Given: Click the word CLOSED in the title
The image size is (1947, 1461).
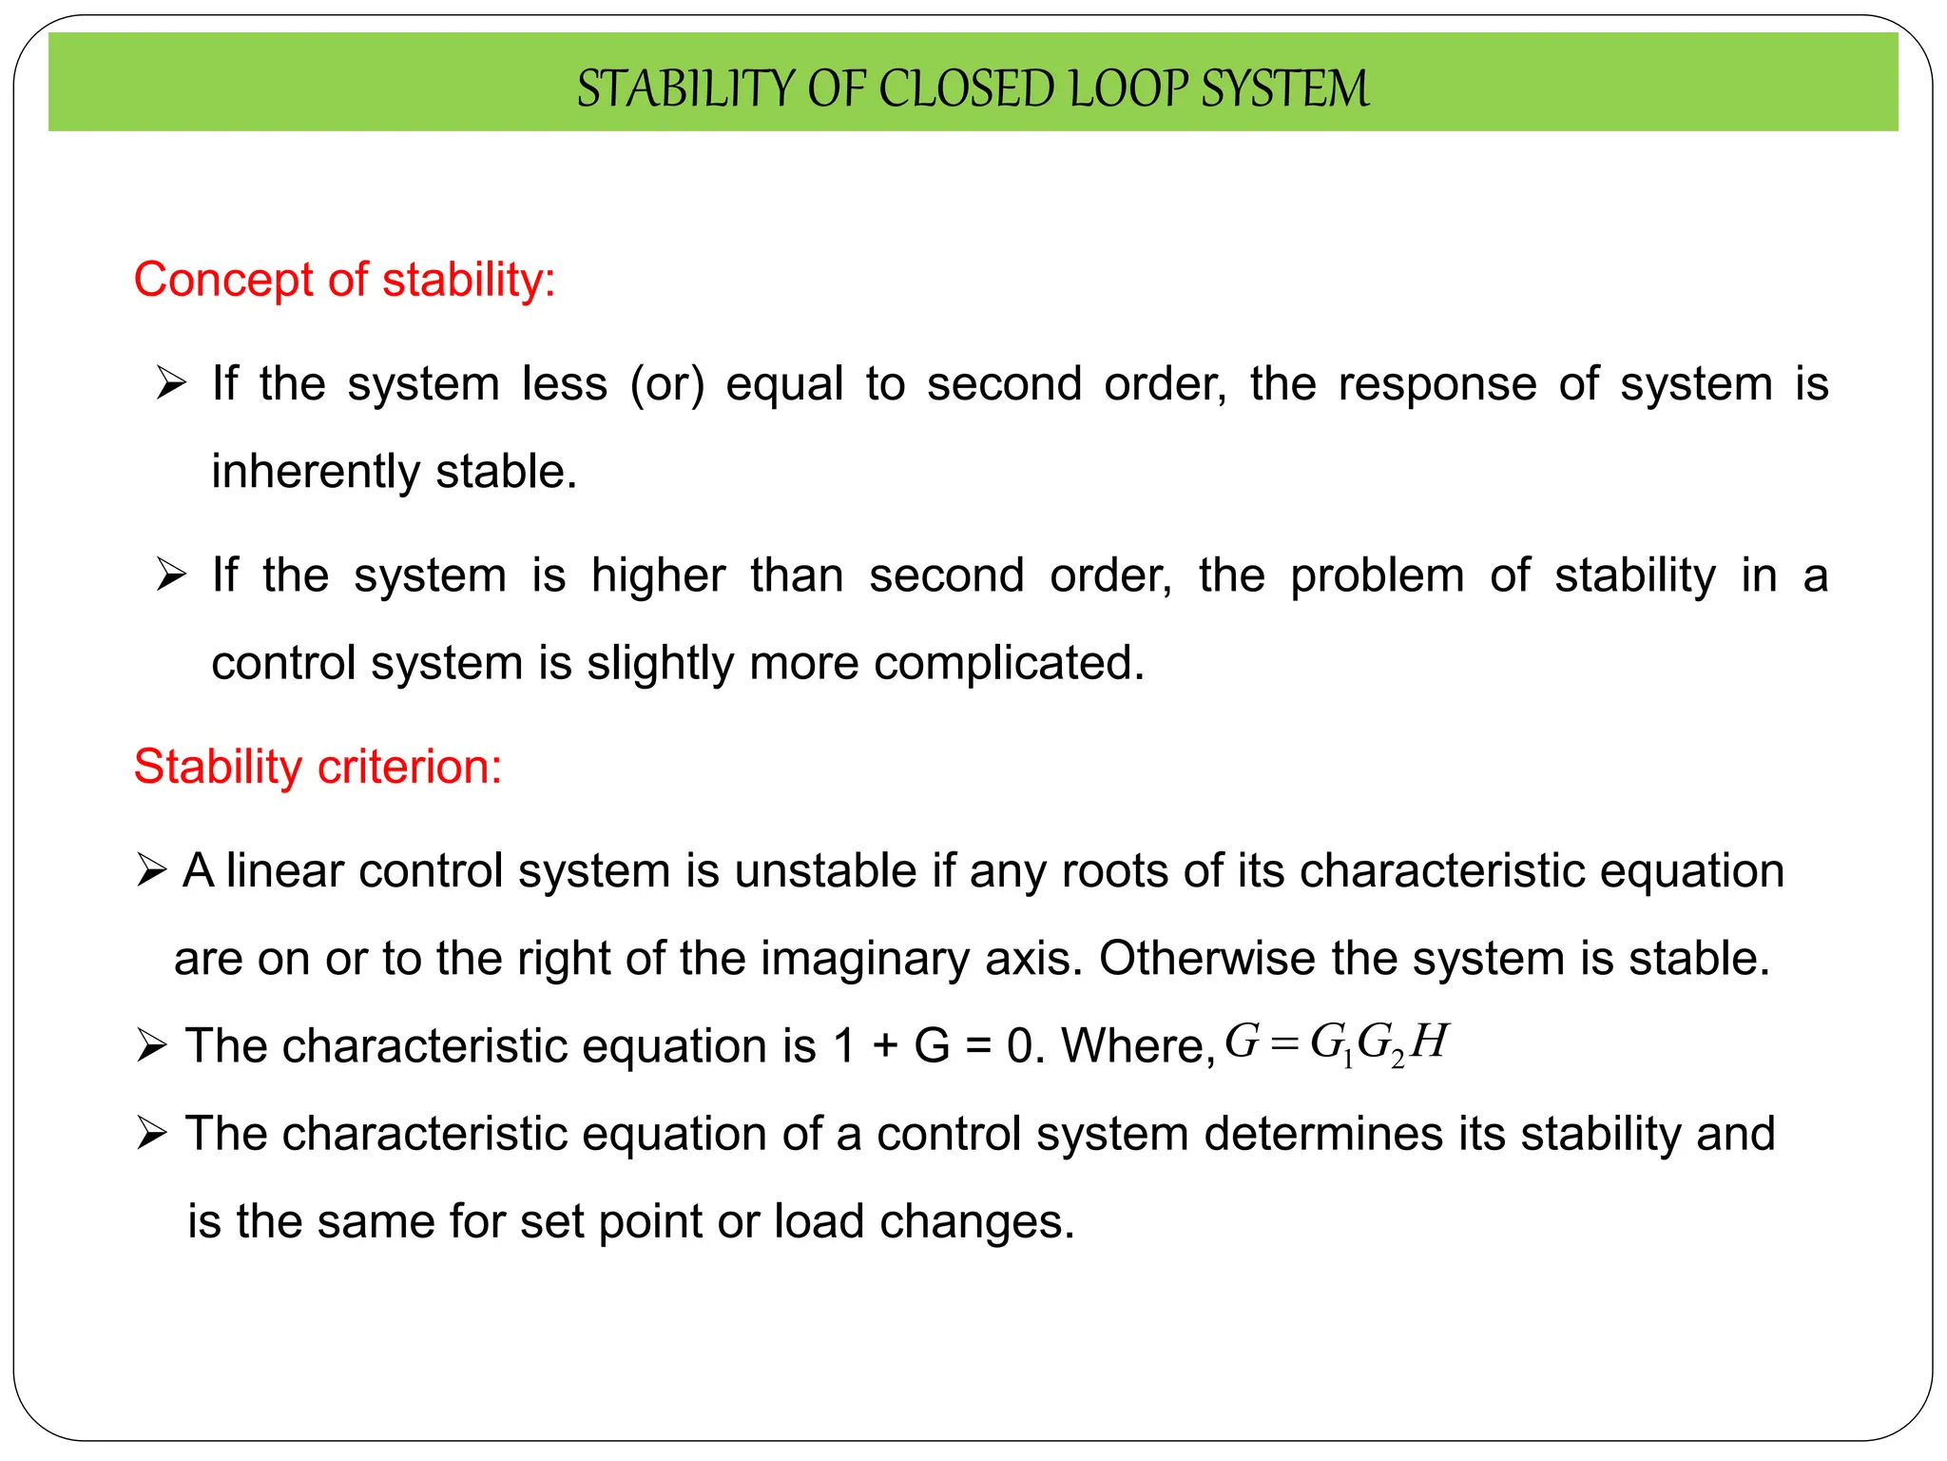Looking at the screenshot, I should tap(969, 89).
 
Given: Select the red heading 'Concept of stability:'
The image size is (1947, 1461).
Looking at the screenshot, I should tap(344, 280).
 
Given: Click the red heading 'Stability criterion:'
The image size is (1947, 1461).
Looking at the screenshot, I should tap(318, 767).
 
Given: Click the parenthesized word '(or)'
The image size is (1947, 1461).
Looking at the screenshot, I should tap(666, 384).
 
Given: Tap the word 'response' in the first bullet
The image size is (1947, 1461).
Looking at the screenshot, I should tap(1437, 384).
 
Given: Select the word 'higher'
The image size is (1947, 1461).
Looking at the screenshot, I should tap(658, 575).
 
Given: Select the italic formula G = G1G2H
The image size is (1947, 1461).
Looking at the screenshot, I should tap(1336, 1043).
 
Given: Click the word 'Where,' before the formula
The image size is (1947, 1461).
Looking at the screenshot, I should tap(1138, 1046).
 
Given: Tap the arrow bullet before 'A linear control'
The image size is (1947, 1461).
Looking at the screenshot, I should tap(151, 870).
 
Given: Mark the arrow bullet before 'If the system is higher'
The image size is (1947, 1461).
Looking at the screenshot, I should tap(171, 575).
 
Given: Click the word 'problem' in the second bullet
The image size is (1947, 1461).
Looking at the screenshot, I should tap(1377, 575).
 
